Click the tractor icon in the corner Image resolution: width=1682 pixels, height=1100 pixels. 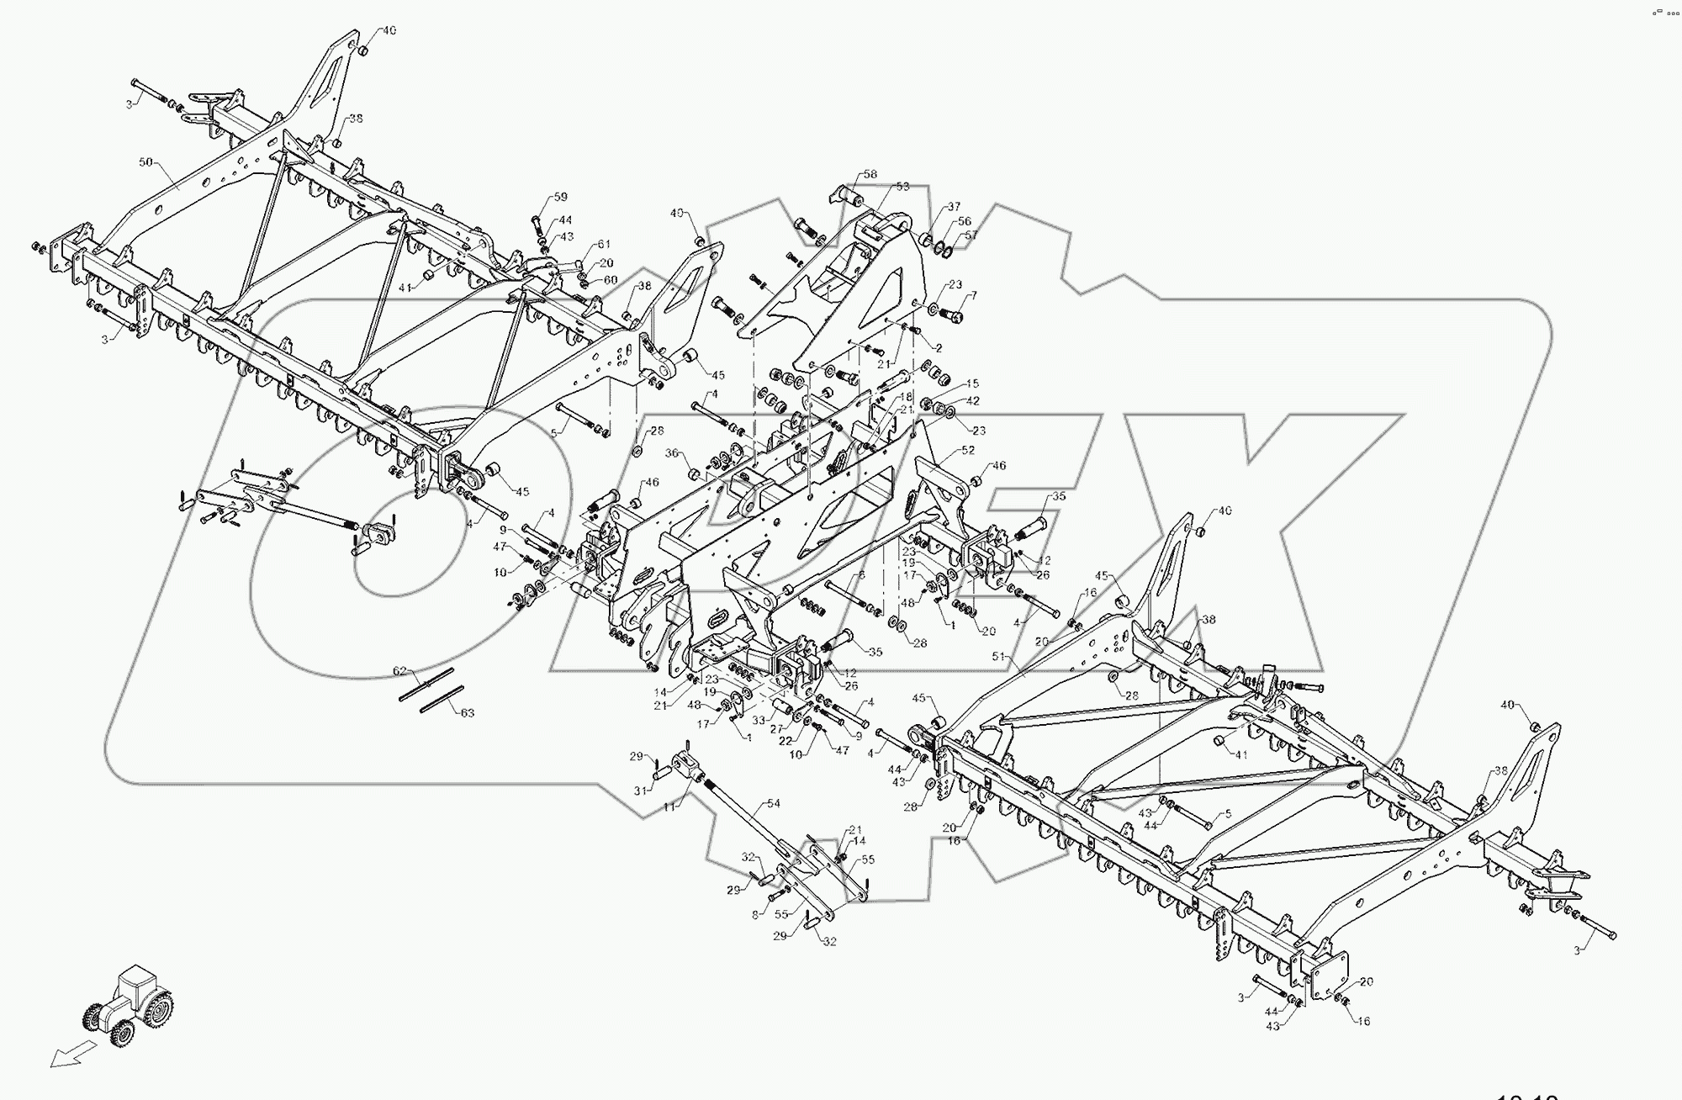click(129, 1006)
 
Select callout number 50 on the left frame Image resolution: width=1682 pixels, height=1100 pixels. click(146, 161)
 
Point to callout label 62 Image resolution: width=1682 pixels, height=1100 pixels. click(400, 671)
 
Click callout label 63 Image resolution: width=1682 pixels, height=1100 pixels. click(468, 712)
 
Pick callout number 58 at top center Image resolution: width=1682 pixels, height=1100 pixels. click(870, 174)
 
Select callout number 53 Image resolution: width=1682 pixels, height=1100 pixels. click(902, 187)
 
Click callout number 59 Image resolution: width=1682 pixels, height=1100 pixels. click(560, 198)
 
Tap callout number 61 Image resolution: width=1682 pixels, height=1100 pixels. click(604, 244)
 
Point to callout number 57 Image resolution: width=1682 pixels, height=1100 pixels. click(971, 235)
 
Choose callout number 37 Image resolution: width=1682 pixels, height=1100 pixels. click(953, 206)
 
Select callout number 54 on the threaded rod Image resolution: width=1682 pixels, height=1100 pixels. click(773, 803)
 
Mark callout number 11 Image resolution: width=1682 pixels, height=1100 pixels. click(669, 806)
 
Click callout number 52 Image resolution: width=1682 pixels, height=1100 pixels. click(967, 450)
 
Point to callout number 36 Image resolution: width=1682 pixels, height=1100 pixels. click(672, 452)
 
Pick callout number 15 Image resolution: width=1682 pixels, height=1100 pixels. click(973, 383)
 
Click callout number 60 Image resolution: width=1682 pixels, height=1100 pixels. click(611, 279)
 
